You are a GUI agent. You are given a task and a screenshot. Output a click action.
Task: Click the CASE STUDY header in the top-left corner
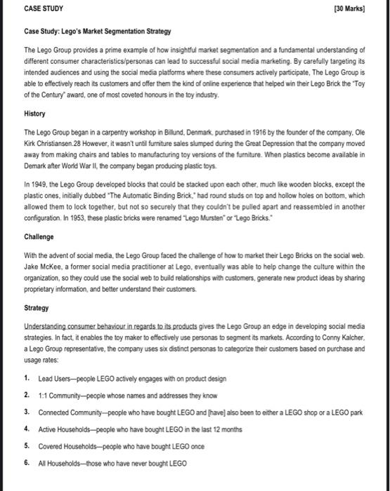43,10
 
